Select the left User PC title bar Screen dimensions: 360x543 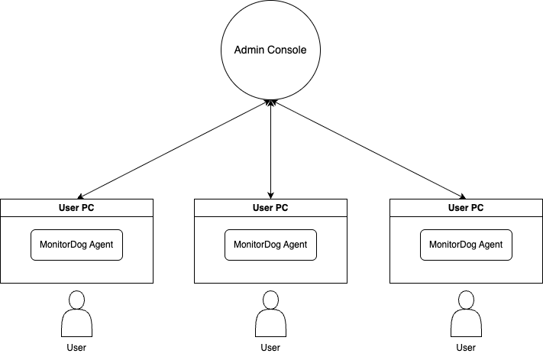click(76, 206)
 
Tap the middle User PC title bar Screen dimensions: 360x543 click(270, 206)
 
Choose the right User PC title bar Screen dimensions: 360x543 click(466, 206)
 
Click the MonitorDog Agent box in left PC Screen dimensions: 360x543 click(76, 245)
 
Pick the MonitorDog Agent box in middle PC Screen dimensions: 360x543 click(270, 245)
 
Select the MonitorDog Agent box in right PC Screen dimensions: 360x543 click(466, 245)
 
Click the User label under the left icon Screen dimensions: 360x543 click(76, 348)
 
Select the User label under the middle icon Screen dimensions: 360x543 click(270, 348)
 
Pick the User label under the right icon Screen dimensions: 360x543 click(466, 348)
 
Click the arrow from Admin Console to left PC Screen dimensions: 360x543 click(173, 149)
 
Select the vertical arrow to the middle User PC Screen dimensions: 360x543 click(270, 149)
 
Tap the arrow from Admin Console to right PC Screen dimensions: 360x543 click(368, 149)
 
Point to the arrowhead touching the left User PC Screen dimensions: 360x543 click(81, 196)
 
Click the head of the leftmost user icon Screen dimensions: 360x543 click(76, 299)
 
